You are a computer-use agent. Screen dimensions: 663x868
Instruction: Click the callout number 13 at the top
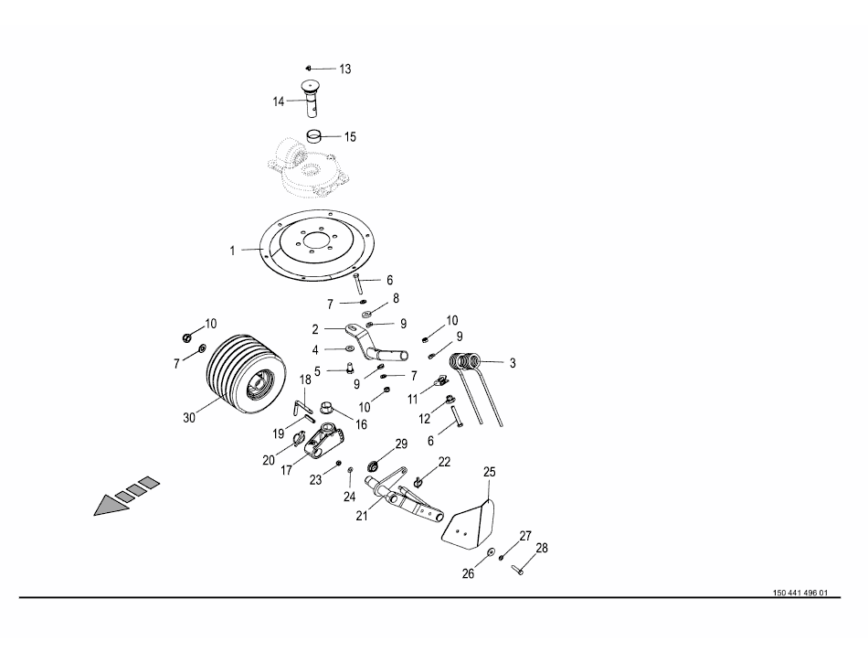pyautogui.click(x=344, y=70)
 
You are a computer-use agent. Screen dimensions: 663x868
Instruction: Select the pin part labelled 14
pyautogui.click(x=312, y=94)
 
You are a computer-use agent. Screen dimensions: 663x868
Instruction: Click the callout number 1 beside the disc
pyautogui.click(x=232, y=249)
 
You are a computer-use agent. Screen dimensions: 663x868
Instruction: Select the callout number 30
pyautogui.click(x=190, y=418)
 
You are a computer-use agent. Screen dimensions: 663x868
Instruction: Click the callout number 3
pyautogui.click(x=513, y=363)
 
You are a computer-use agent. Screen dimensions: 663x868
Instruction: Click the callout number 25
pyautogui.click(x=489, y=472)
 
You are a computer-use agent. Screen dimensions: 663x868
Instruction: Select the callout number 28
pyautogui.click(x=542, y=549)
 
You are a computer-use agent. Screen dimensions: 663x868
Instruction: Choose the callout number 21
pyautogui.click(x=363, y=516)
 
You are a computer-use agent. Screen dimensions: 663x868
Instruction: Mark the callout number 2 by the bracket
pyautogui.click(x=315, y=329)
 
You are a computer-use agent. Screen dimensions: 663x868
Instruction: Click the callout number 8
pyautogui.click(x=396, y=298)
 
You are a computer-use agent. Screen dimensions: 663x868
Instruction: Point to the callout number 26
pyautogui.click(x=468, y=574)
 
